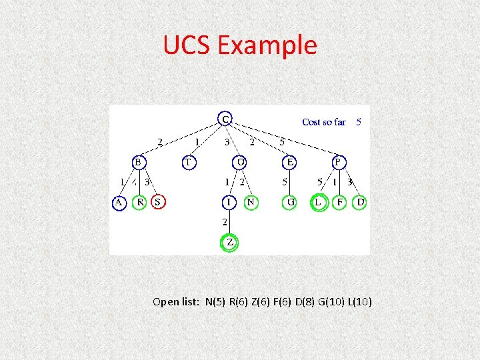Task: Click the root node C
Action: click(225, 119)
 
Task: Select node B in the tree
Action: click(138, 162)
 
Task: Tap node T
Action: click(189, 162)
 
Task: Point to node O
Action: click(241, 162)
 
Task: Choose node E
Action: click(289, 162)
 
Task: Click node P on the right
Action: click(339, 162)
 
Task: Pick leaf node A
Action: click(119, 202)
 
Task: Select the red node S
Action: click(158, 201)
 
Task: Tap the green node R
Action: click(139, 202)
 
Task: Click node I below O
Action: click(229, 202)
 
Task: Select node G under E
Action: click(289, 202)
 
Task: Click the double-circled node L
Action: click(319, 202)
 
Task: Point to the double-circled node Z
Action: click(229, 243)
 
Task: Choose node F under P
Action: click(340, 202)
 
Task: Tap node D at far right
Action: click(360, 202)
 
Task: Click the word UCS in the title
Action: click(187, 45)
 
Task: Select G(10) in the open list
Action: click(329, 302)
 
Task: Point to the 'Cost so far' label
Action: click(324, 122)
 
